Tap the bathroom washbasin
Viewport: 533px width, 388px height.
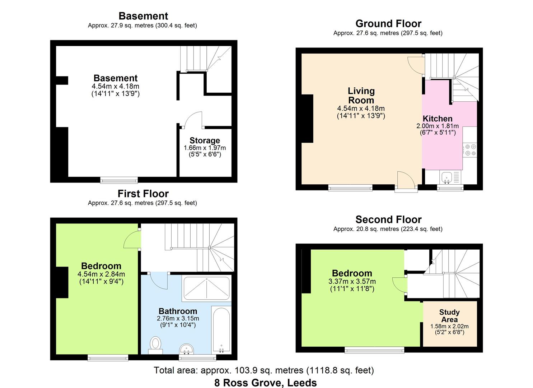(186, 349)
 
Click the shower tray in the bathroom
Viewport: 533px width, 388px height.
(206, 288)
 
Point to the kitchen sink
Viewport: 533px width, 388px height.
(446, 177)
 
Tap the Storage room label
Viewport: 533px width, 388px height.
(205, 140)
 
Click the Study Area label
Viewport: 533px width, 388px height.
(449, 315)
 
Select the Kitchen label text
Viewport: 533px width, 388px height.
(437, 119)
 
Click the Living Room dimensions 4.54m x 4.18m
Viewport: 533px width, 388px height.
(361, 108)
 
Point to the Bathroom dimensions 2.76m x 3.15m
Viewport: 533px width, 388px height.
(178, 318)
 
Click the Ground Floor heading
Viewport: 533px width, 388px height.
(388, 24)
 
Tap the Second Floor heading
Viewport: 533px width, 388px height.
(388, 220)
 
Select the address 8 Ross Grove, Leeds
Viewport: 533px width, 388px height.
(266, 383)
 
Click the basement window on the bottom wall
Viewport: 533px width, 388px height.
(119, 180)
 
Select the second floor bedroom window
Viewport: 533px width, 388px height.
(374, 350)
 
